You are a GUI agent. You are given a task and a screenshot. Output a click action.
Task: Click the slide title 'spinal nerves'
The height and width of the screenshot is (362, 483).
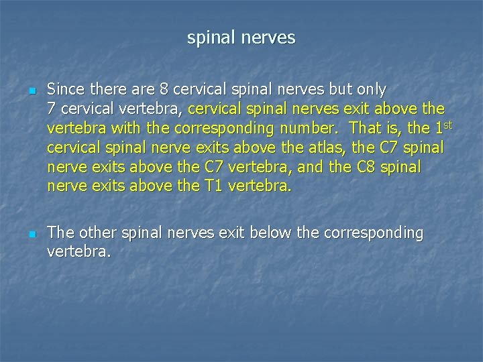point(241,38)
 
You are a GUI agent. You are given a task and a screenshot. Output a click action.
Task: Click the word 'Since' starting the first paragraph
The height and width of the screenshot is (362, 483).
point(65,89)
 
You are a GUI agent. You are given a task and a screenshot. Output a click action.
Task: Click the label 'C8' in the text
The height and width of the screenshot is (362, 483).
point(366,167)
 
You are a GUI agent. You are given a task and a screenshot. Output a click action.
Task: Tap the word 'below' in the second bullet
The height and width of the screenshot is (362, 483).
point(271,233)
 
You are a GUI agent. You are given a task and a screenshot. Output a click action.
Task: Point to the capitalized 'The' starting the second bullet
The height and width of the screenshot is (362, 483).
point(61,233)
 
